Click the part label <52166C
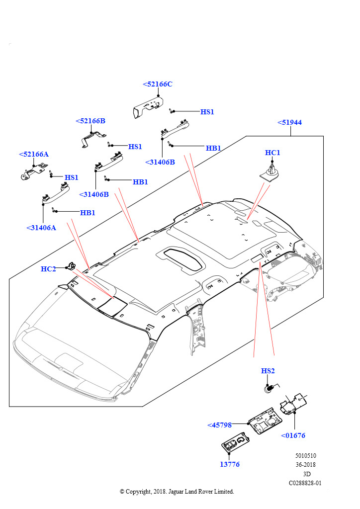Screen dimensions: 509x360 (x=158, y=85)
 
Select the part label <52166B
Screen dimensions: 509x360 (x=90, y=121)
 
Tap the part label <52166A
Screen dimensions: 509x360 (x=34, y=154)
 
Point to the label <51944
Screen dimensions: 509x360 (x=289, y=122)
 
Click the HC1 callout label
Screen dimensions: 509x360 (x=272, y=153)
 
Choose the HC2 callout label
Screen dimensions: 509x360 (x=48, y=269)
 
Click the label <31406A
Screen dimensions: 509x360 (x=41, y=228)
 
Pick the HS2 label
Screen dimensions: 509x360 (x=268, y=371)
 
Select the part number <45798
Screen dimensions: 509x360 (x=219, y=425)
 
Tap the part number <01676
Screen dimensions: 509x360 (x=293, y=435)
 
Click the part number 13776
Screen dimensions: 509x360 (x=230, y=464)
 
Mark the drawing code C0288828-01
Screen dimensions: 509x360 (x=305, y=483)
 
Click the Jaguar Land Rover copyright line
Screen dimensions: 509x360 (x=177, y=492)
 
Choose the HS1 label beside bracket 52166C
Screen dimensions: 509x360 (x=207, y=112)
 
